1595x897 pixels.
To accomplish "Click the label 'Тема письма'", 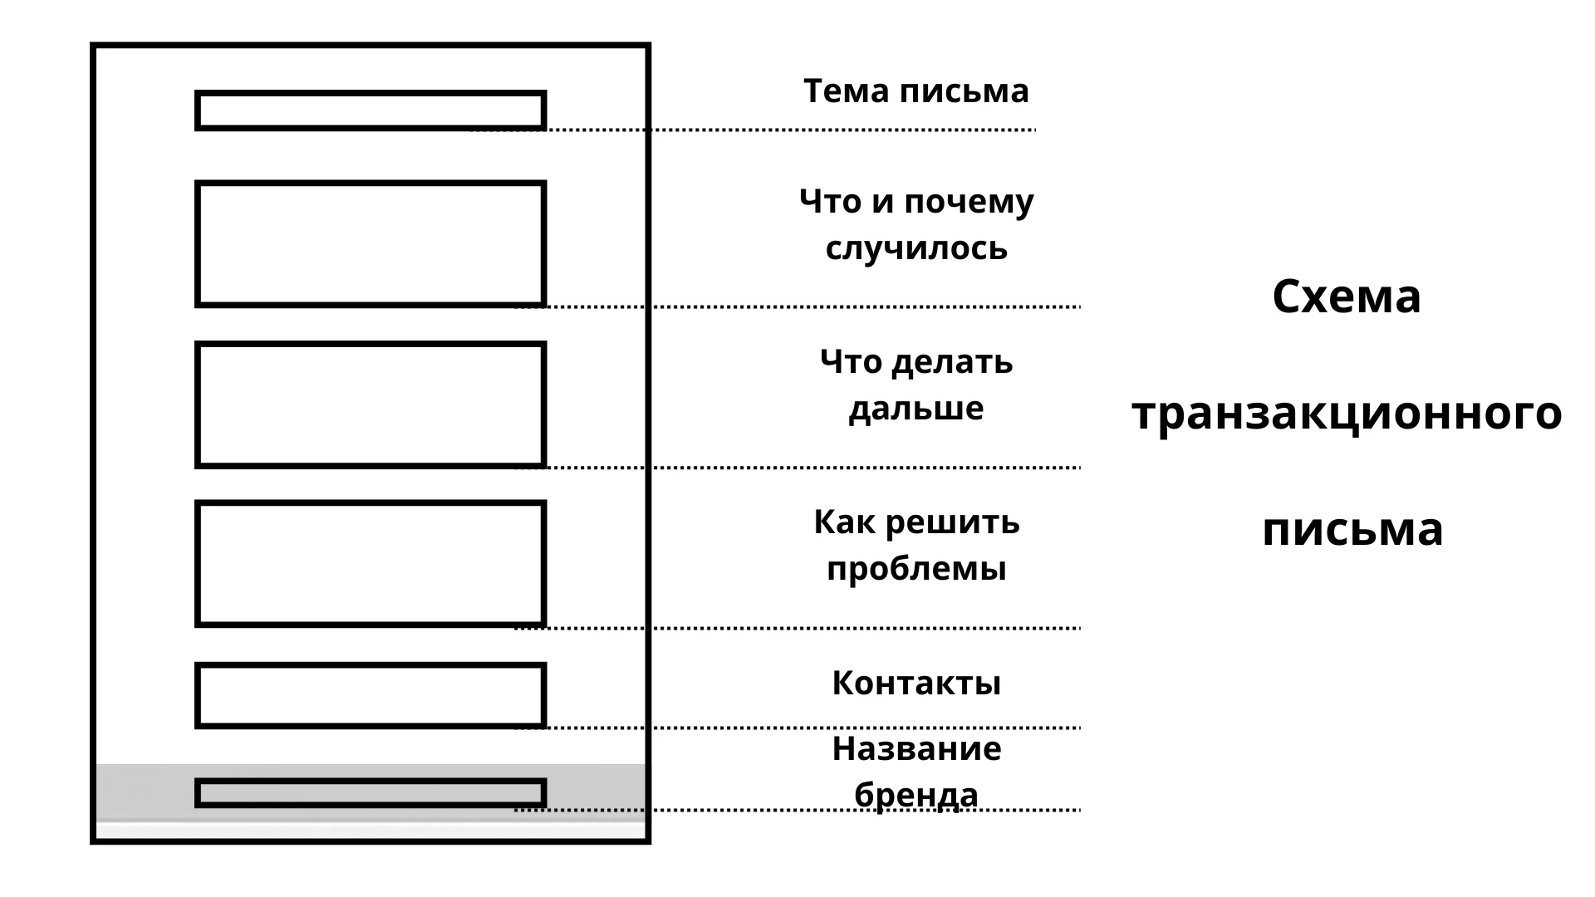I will pos(915,91).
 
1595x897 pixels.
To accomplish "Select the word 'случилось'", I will pos(915,248).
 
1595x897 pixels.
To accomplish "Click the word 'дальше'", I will pos(915,409).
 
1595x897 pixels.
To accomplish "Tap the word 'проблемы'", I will pos(915,569).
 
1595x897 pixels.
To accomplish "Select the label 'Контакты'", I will pos(915,684).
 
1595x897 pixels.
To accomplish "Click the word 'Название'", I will pos(915,749).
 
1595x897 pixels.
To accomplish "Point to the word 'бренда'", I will pos(915,795).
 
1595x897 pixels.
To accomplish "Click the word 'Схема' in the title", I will pos(1346,297).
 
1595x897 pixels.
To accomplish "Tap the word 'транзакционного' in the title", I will pos(1346,413).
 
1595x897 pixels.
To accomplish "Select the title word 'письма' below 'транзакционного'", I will pos(1352,529).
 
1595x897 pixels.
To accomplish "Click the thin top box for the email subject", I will pos(371,110).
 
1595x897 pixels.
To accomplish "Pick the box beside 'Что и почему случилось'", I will pos(371,244).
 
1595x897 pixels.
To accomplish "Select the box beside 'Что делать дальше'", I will pos(371,404).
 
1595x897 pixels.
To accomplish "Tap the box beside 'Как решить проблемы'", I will pos(371,564).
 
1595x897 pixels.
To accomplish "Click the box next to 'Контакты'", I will pos(371,695).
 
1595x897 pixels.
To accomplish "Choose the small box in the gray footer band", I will pos(371,793).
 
